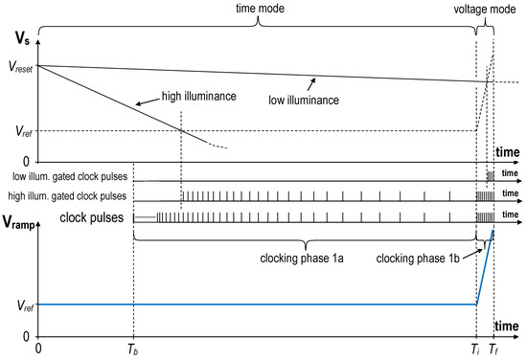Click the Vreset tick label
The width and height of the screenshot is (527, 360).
[x=18, y=66]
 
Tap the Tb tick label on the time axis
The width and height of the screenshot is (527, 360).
[x=133, y=350]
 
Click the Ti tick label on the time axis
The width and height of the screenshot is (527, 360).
[x=476, y=350]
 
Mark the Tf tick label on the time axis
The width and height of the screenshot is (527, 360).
[x=493, y=350]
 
